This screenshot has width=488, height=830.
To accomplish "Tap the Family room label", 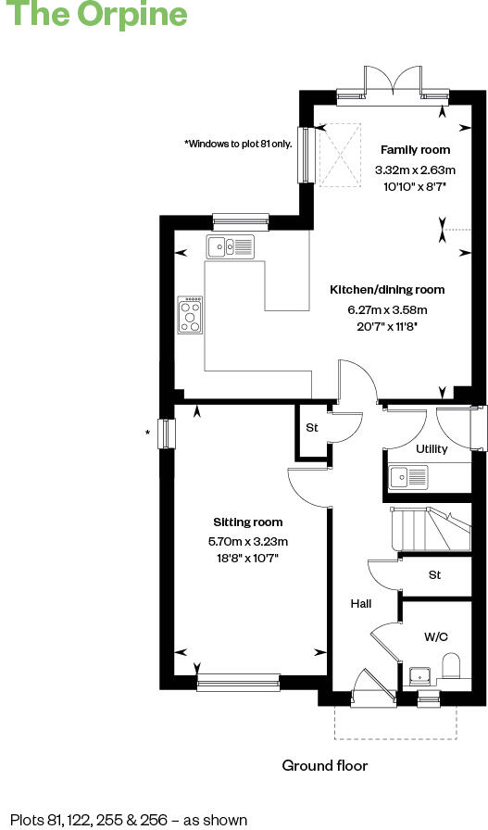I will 416,150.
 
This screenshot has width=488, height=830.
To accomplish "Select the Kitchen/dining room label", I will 387,290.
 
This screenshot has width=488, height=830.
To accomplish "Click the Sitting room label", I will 248,522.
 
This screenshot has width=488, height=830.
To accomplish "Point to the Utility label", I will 432,449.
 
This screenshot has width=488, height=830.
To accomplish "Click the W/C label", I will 436,637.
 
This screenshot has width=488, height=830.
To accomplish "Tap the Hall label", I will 360,604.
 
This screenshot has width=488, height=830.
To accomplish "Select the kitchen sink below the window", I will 231,246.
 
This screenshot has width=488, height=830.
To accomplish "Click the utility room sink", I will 408,477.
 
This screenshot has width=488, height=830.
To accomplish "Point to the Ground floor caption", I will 325,766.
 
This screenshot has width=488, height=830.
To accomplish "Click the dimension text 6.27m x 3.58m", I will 387,310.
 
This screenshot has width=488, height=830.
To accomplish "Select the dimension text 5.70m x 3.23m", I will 248,542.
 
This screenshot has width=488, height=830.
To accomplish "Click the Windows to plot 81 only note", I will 238,144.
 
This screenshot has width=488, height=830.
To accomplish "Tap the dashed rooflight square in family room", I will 338,155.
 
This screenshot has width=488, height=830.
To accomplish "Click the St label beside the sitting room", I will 312,428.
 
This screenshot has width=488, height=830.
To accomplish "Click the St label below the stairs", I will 435,575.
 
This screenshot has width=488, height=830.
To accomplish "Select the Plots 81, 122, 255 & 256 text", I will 130,820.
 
